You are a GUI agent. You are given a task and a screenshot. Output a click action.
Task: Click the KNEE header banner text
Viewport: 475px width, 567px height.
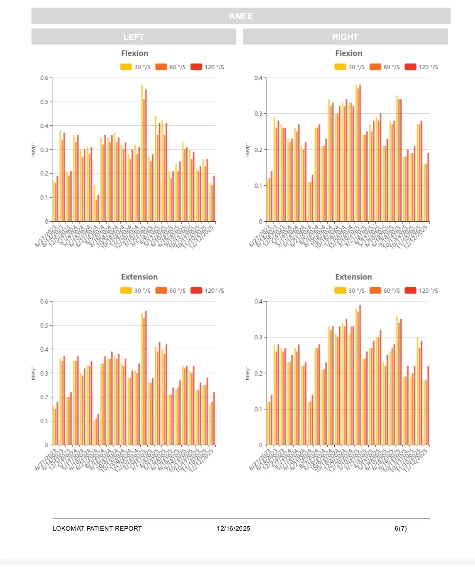(241, 16)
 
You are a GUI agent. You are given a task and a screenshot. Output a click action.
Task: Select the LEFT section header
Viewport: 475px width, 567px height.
(134, 37)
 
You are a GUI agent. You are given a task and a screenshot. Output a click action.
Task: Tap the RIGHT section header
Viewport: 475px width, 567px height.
(345, 37)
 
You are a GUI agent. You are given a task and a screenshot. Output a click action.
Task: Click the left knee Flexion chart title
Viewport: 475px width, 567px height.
(134, 53)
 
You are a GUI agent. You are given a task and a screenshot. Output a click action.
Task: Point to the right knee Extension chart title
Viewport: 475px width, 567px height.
(353, 277)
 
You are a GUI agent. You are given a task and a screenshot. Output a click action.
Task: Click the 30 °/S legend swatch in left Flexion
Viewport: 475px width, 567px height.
(126, 67)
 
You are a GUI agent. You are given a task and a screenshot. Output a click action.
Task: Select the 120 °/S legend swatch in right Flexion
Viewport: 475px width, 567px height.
(411, 67)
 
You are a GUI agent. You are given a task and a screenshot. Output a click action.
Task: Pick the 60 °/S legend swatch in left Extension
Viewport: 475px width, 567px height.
(161, 291)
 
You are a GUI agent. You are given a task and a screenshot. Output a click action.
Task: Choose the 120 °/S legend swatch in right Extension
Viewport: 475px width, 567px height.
(411, 291)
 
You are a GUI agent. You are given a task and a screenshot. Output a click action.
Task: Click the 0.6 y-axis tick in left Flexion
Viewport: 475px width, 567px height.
(44, 78)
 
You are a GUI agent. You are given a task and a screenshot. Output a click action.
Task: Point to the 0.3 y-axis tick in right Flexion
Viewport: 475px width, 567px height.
(258, 114)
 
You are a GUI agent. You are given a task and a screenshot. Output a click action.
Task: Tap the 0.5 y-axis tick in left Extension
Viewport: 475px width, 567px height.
(44, 326)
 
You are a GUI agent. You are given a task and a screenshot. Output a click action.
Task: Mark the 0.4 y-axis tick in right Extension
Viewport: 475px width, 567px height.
(258, 301)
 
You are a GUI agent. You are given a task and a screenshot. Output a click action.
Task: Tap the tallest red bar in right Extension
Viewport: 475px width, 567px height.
(360, 375)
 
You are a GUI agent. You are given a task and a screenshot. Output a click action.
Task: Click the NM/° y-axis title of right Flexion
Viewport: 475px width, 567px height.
(247, 150)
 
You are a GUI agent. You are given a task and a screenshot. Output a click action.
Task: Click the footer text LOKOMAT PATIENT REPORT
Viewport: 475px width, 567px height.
(97, 529)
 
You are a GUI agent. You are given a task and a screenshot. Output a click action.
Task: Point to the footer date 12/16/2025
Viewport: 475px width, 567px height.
(233, 529)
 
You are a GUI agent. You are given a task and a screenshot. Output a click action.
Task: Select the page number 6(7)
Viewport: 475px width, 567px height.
(400, 529)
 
